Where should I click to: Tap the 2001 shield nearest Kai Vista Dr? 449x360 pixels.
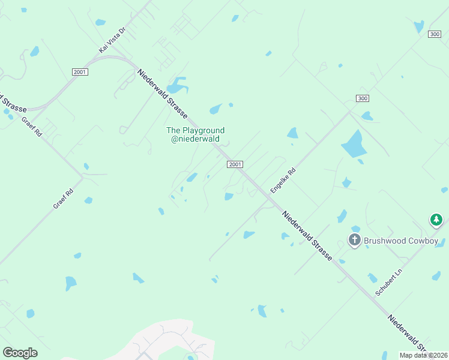pos(79,72)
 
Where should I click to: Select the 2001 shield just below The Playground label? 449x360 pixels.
pos(235,164)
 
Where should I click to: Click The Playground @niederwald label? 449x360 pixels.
pos(195,134)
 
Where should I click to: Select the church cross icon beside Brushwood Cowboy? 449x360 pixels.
pos(355,241)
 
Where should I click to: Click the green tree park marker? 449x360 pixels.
pos(436,221)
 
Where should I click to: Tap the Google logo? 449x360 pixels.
pos(20,353)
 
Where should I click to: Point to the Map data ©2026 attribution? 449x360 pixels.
pos(423,355)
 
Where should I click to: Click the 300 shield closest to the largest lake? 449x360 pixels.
pos(362,98)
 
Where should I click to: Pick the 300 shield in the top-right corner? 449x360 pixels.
pos(435,34)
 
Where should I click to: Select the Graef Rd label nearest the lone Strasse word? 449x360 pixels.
pos(32,127)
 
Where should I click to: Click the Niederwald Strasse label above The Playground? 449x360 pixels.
pos(162,94)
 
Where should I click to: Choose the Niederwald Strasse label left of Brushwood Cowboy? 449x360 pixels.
pos(307,235)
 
